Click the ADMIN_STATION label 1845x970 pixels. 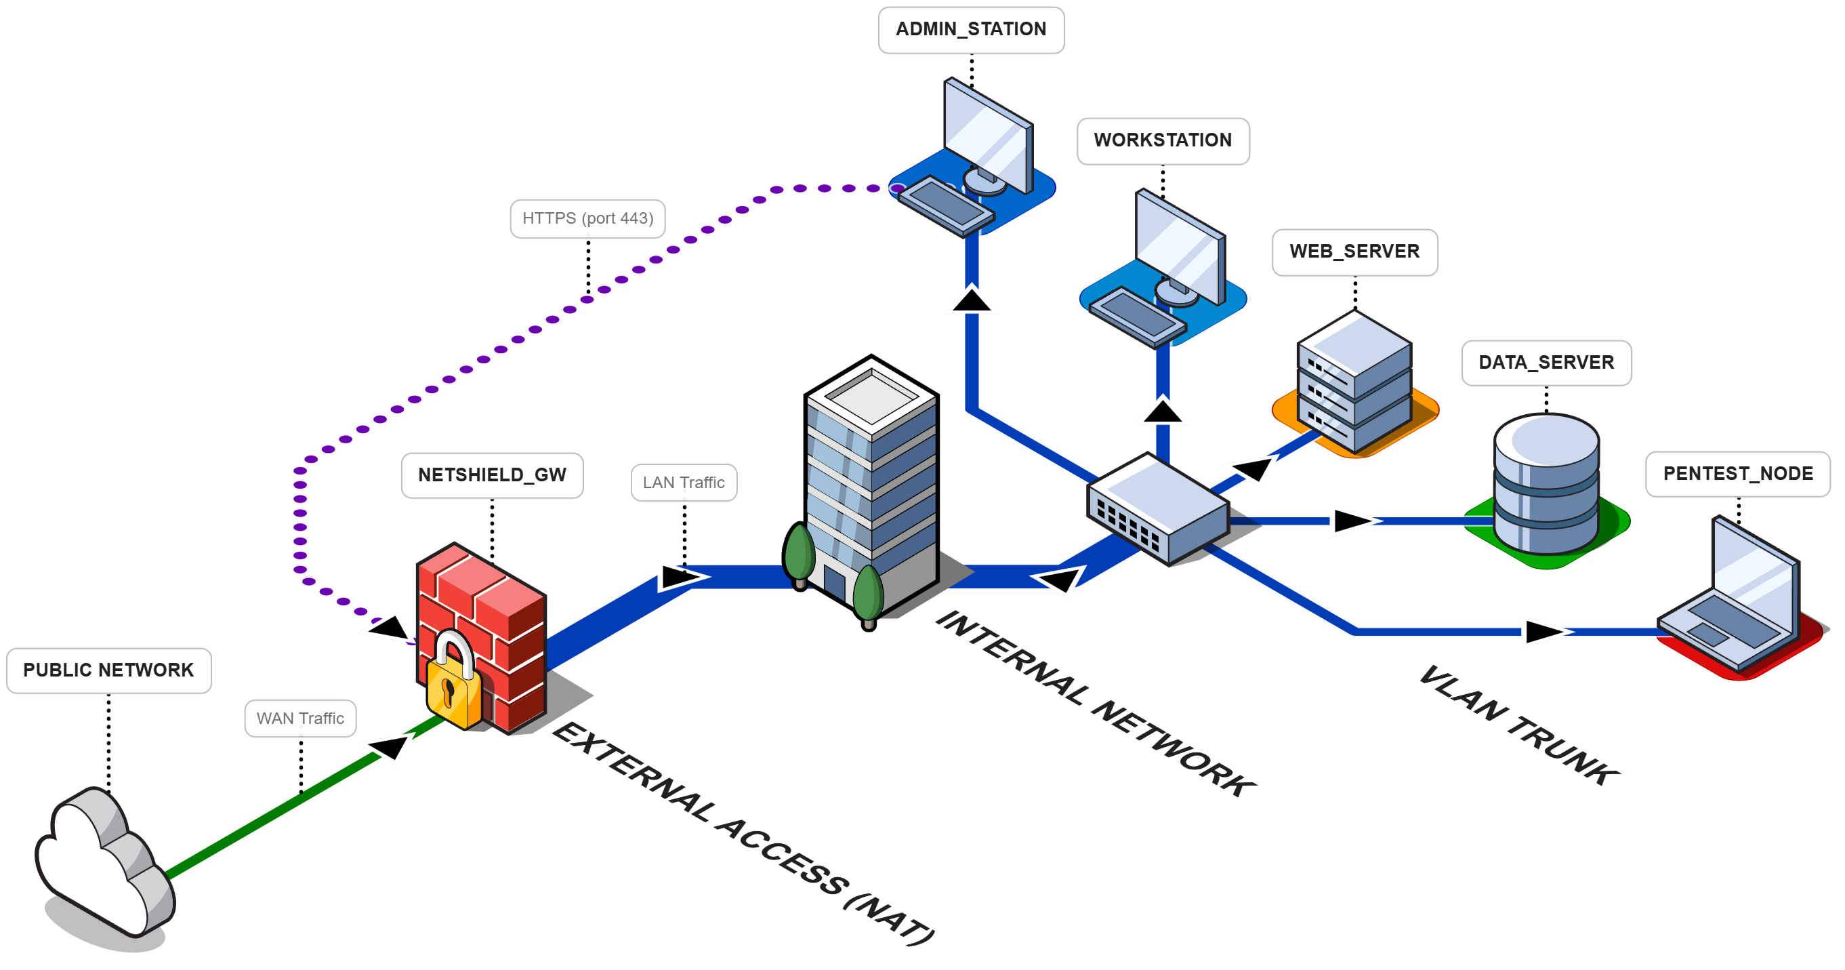point(970,29)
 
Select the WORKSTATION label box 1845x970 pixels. point(1163,140)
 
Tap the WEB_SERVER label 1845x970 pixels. point(1354,251)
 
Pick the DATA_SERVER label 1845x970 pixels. point(1546,363)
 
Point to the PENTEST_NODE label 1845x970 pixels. point(1737,474)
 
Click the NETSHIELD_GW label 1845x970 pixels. point(491,475)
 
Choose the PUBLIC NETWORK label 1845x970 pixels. point(108,670)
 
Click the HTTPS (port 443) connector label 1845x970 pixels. point(587,218)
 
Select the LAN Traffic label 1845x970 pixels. point(683,482)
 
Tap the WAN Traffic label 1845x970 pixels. point(300,718)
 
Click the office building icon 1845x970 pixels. point(870,487)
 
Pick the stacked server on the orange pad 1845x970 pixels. point(1354,383)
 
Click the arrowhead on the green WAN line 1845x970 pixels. point(389,746)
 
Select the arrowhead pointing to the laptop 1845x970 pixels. point(1543,632)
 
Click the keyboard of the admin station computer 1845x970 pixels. point(945,204)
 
